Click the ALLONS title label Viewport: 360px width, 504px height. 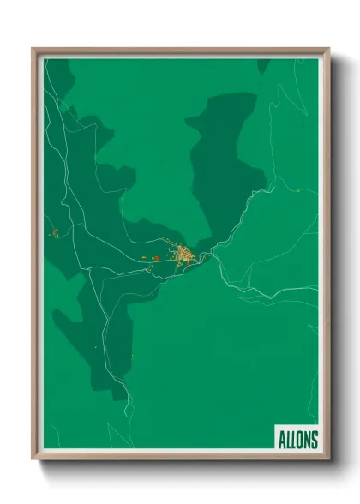[297, 440]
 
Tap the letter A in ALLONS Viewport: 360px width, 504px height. [281, 440]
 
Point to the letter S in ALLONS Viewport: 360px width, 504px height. [314, 440]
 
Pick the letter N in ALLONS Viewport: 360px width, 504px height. [307, 440]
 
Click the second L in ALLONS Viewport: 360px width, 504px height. [293, 440]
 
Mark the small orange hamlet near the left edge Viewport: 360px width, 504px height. [54, 231]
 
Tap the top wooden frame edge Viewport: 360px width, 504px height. [180, 51]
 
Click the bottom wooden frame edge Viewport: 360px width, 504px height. [180, 455]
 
